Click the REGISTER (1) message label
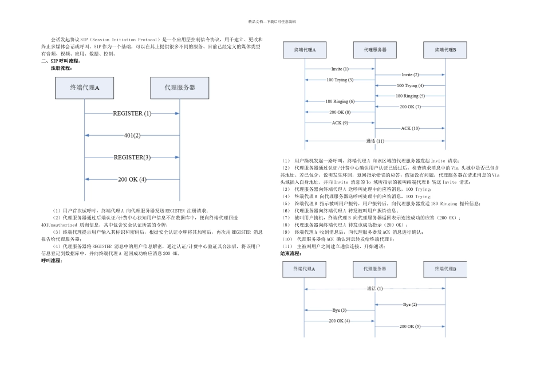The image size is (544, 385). [x=132, y=113]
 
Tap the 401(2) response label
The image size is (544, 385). [x=132, y=136]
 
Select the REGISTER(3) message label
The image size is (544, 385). [x=132, y=157]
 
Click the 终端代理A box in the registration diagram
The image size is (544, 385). [x=84, y=88]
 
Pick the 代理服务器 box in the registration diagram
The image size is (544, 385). [x=179, y=88]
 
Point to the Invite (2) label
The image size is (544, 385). [x=410, y=74]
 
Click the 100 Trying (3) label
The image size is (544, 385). [x=340, y=80]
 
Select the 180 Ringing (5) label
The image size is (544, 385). [x=410, y=96]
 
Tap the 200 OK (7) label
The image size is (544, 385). [x=410, y=107]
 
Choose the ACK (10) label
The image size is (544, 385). [x=410, y=128]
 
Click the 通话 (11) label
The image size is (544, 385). [x=375, y=141]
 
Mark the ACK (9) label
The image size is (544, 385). [x=340, y=123]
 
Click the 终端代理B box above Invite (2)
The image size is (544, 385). [x=446, y=50]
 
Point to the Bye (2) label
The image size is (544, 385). [x=410, y=304]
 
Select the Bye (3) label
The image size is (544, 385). [x=340, y=310]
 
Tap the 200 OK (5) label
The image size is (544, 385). [x=410, y=326]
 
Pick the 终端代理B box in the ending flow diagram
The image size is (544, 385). [x=446, y=268]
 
